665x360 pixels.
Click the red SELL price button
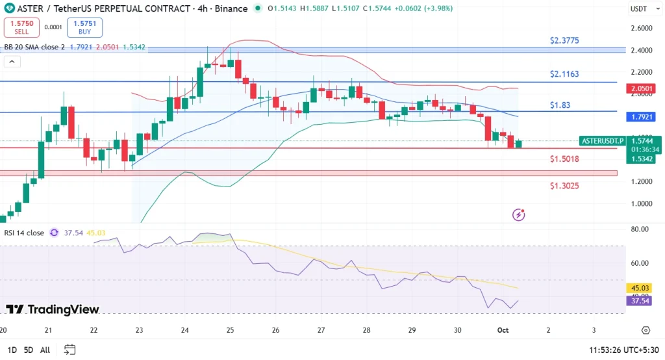22,27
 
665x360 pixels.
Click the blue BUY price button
84,27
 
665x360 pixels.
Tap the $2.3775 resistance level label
564,40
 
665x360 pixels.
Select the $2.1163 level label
564,74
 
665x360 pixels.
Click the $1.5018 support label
564,159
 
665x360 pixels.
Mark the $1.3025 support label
564,186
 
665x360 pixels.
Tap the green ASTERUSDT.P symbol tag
601,141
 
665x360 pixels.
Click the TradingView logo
53,309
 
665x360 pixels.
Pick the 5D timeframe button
29,350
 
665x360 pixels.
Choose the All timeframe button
45,350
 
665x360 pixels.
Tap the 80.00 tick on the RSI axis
641,229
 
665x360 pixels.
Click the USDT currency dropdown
642,9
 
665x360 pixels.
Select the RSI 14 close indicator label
23,233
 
